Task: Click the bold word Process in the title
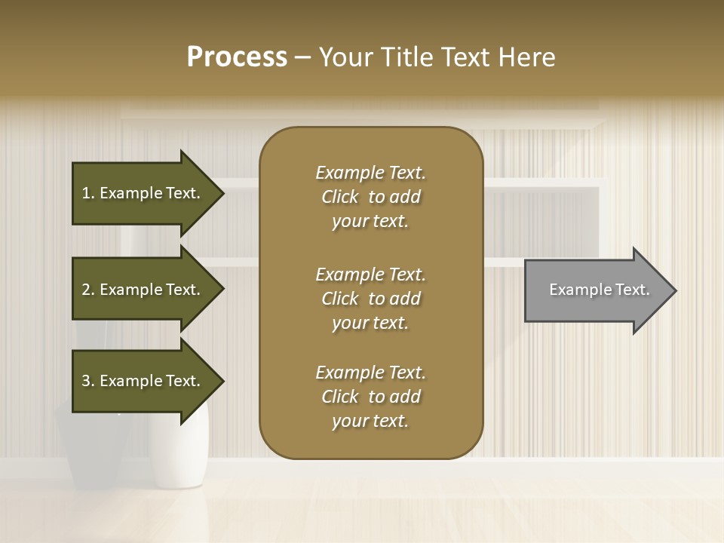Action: coord(237,57)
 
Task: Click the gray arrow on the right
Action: coord(596,290)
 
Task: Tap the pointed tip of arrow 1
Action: coord(222,193)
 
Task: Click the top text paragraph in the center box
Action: coord(370,197)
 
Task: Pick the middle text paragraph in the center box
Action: coord(370,299)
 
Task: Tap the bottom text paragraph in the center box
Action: coord(370,397)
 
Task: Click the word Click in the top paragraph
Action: coord(340,197)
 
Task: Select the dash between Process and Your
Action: coord(302,57)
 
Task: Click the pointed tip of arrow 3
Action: coord(222,381)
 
